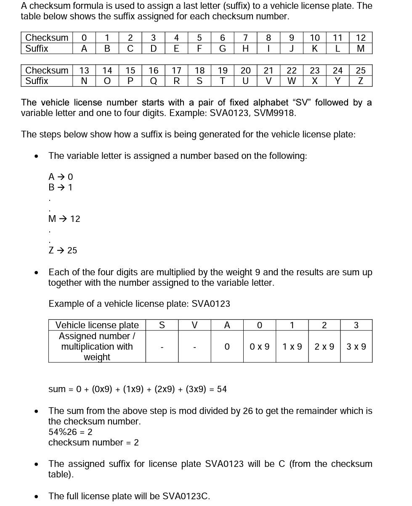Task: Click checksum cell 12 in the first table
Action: click(361, 38)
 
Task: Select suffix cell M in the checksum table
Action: click(361, 49)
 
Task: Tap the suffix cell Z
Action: click(361, 81)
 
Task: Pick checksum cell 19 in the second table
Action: click(223, 70)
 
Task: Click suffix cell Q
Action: click(154, 81)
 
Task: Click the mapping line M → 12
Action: click(64, 219)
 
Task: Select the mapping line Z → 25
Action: click(63, 250)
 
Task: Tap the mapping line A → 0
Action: click(61, 177)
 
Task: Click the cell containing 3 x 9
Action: click(356, 347)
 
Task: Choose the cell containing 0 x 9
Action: click(259, 347)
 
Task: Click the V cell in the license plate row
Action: click(194, 325)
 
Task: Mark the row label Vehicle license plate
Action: click(97, 325)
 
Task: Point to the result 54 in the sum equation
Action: click(222, 389)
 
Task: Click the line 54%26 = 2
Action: click(70, 432)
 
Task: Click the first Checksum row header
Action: click(46, 38)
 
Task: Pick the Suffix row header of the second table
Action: click(37, 81)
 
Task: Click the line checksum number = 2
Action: click(93, 443)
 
